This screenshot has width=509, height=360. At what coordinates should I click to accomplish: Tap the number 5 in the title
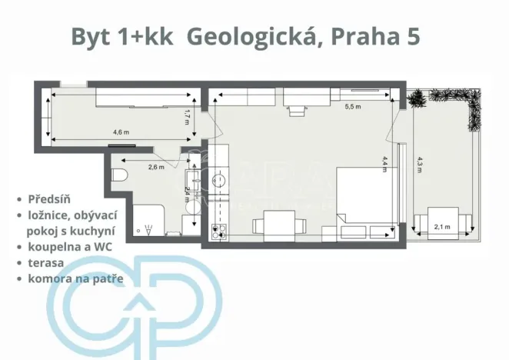click(x=412, y=36)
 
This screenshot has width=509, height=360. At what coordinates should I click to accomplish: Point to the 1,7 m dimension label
click(x=187, y=117)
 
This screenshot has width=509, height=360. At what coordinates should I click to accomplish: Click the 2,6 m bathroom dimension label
click(x=156, y=166)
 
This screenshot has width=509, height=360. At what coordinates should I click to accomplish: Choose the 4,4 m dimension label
click(x=385, y=165)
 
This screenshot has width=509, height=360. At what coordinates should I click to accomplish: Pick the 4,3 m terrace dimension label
click(x=419, y=166)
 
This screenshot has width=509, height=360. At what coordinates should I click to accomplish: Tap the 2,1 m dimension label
click(x=442, y=226)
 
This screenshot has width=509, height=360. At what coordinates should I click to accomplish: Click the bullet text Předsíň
click(x=50, y=198)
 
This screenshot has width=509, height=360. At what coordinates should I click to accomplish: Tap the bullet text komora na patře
click(x=75, y=278)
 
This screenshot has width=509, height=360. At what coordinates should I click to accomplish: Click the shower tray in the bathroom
click(x=147, y=220)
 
